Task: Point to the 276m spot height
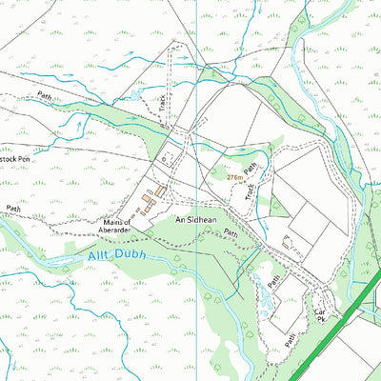tap(235, 177)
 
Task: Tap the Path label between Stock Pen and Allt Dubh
tap(12, 208)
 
